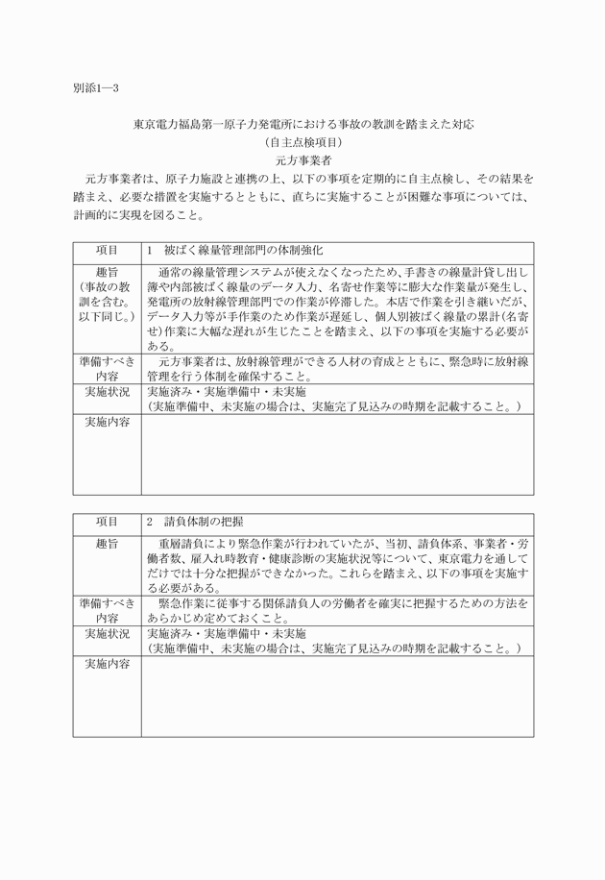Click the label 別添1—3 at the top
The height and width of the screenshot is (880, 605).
tap(95, 87)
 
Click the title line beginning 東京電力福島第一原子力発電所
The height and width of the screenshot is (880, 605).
tap(302, 124)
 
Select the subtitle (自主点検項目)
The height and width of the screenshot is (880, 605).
tap(302, 142)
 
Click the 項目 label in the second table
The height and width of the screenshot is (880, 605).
tap(107, 524)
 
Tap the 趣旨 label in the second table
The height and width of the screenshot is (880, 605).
tap(107, 544)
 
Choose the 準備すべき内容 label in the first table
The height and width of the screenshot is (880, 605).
tap(107, 369)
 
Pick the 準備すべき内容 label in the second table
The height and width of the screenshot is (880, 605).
tap(107, 610)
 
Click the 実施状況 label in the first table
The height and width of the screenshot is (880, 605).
tap(107, 393)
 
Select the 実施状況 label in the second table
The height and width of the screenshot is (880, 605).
tap(107, 634)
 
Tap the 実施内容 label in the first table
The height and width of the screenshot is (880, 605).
tap(107, 422)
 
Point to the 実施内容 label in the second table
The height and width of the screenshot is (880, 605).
tap(107, 664)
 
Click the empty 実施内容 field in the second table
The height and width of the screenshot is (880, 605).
tap(337, 696)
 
